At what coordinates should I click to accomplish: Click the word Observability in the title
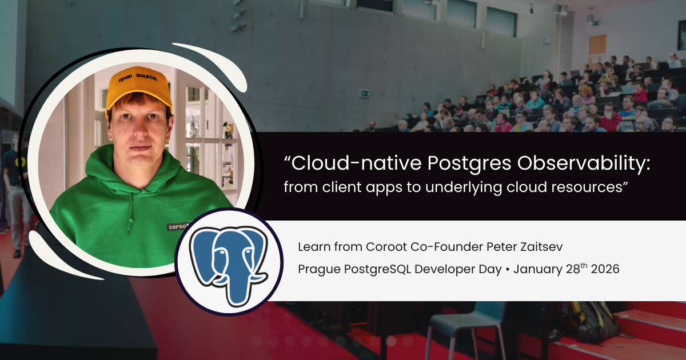[584, 163]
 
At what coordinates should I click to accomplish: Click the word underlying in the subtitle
[463, 187]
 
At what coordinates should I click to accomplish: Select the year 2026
[605, 269]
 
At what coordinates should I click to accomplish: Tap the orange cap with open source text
[138, 88]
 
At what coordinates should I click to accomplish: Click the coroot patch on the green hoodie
[178, 226]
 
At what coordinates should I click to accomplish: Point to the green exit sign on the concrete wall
[365, 94]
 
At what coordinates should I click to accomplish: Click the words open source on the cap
[138, 77]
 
